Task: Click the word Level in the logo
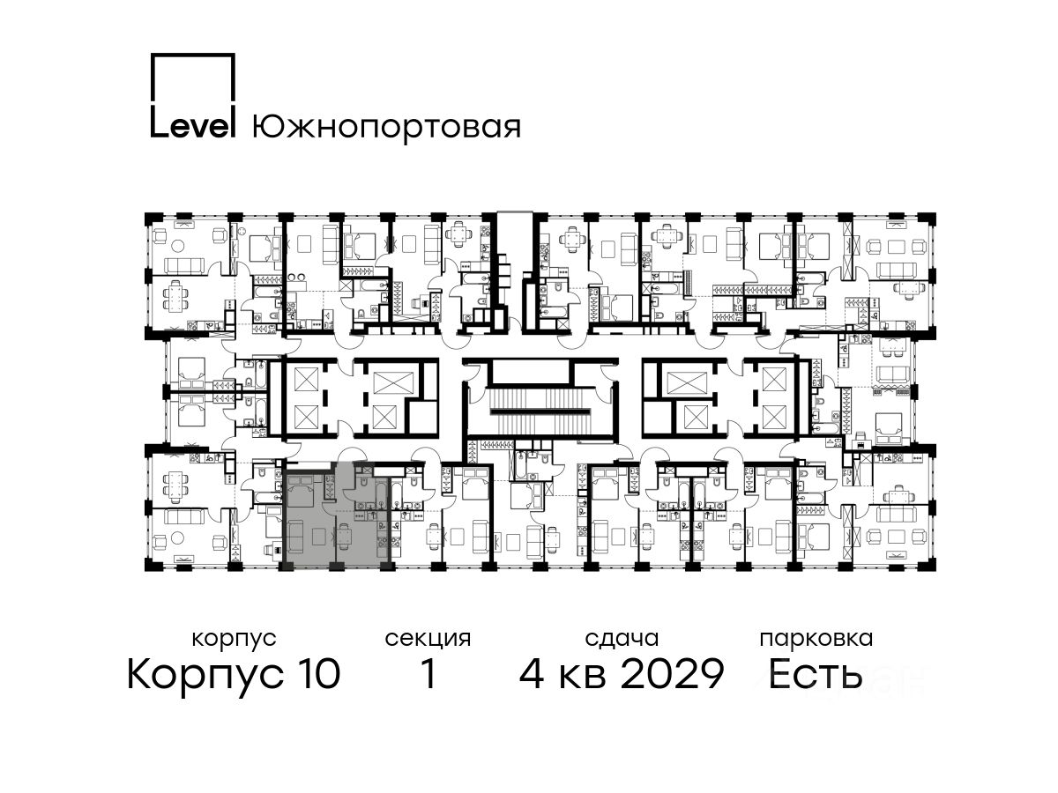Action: [192, 125]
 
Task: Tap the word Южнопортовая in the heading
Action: [386, 128]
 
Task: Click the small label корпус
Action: [234, 640]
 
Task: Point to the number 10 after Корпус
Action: [317, 674]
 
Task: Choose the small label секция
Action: [428, 640]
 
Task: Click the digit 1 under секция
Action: [428, 674]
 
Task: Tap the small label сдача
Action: [622, 640]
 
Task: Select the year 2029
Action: [672, 674]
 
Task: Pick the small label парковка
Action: [816, 640]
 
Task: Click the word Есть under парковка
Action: [815, 674]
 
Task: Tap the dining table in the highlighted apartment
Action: [344, 537]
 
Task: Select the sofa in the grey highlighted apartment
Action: [295, 536]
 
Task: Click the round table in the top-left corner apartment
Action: [178, 246]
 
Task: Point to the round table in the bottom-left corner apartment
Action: [178, 537]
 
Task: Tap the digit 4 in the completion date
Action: [532, 674]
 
